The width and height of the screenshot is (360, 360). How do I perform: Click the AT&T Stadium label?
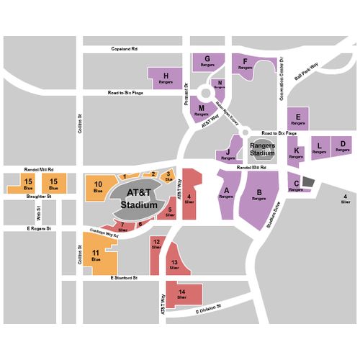click(139, 199)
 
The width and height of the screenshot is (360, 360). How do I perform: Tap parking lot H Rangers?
click(166, 78)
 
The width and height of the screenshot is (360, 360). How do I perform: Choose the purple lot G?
click(207, 62)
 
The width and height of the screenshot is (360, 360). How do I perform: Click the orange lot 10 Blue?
click(98, 189)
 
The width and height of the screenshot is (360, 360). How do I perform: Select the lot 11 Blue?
click(97, 256)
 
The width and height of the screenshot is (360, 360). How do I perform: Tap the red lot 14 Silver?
click(182, 293)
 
